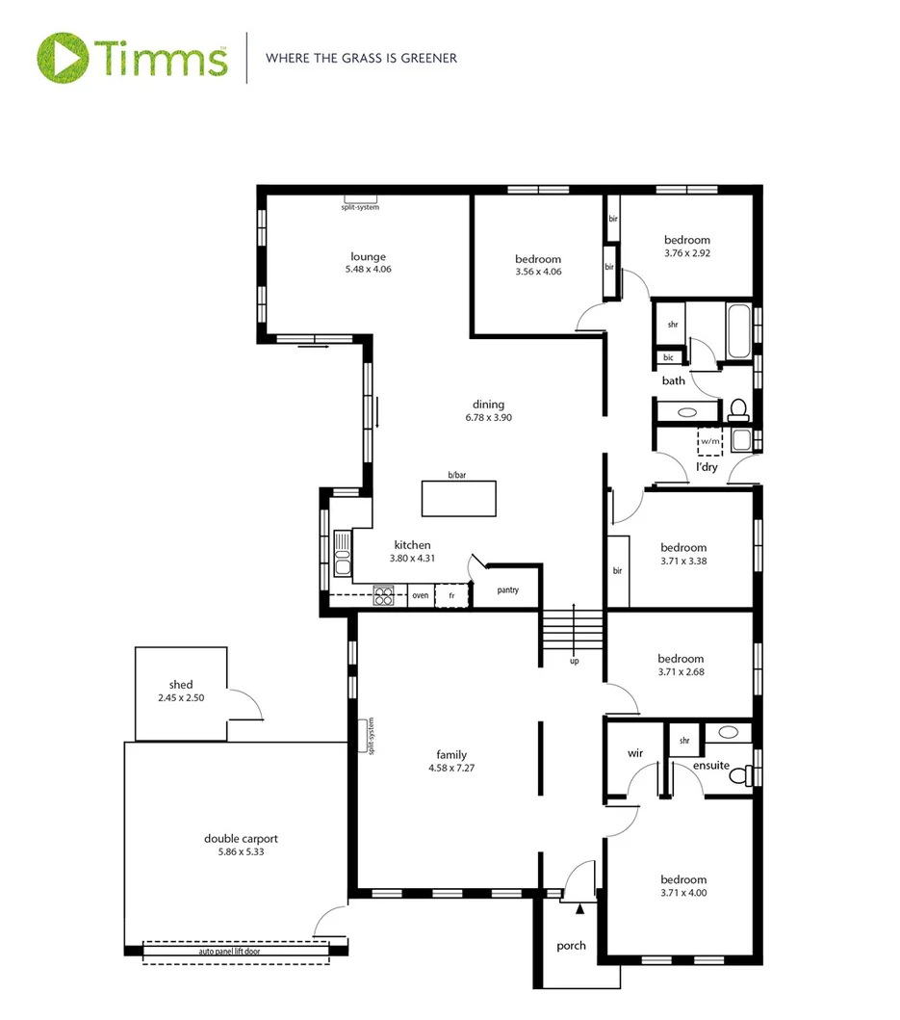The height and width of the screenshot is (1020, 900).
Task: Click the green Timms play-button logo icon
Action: coord(64,58)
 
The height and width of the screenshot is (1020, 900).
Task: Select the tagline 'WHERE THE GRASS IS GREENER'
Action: coord(361,58)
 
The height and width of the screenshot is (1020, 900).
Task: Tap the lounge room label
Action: coord(368,256)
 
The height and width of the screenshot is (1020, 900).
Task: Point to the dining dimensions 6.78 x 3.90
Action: coord(488,418)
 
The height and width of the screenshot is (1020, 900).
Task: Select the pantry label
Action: coord(508,589)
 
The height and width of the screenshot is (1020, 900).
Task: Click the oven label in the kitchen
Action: coord(421,596)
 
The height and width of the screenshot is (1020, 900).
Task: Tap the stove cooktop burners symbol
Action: coord(383,596)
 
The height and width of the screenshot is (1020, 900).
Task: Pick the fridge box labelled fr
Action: coord(451,596)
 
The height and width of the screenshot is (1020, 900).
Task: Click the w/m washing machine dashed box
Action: coord(710,441)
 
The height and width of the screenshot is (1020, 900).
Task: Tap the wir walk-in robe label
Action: coord(634,753)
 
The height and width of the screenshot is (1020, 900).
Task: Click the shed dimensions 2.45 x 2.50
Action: coord(181,697)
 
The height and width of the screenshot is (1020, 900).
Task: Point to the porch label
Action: coord(571,945)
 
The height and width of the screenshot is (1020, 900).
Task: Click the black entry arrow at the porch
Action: coord(579,907)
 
